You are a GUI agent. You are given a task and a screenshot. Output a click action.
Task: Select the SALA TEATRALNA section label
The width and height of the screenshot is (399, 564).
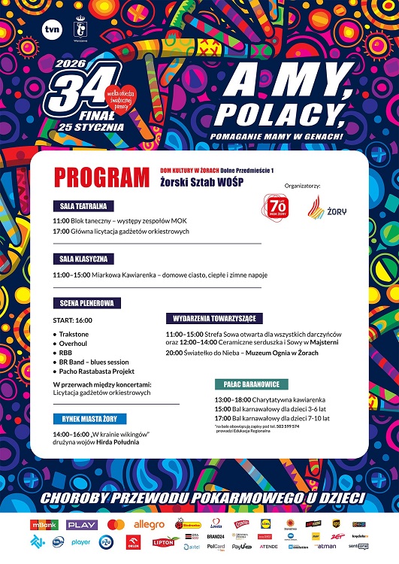pos(83,205)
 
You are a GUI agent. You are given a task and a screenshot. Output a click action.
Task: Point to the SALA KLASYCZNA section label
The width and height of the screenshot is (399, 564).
pos(84,259)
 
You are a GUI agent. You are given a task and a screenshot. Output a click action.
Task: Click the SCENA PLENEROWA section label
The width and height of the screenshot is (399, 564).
pos(87,303)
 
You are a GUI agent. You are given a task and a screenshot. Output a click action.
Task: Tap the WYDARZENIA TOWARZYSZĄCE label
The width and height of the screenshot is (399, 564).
pos(214,317)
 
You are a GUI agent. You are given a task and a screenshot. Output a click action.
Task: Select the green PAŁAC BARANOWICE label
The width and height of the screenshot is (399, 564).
pos(250,384)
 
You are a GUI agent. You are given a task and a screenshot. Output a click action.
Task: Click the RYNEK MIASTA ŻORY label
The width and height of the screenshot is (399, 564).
pos(89,419)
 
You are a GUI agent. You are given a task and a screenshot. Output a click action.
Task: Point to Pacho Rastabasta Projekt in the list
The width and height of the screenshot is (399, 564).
pos(96,371)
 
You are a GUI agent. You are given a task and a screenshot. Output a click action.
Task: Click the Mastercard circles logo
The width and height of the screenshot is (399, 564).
pos(116,523)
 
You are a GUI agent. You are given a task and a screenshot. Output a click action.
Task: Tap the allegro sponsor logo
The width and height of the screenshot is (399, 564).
pos(149,523)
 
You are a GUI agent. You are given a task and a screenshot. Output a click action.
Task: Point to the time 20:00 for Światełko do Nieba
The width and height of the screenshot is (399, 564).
pos(174,352)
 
